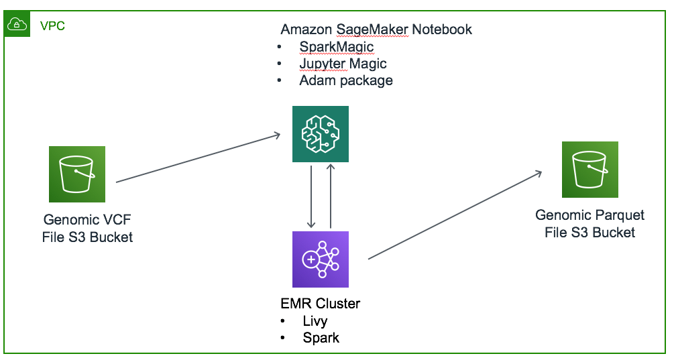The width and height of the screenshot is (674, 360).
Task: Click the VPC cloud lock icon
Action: point(16,25)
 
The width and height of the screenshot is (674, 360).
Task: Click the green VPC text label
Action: point(52,26)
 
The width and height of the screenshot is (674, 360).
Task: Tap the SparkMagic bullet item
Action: point(336,47)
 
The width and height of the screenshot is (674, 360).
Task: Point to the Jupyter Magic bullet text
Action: point(343,64)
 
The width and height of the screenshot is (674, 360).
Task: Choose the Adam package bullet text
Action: point(345,80)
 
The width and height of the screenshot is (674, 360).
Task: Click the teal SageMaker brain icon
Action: point(320,133)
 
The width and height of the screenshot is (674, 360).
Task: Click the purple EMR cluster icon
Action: point(320,259)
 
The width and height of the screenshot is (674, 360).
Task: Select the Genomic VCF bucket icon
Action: point(76,174)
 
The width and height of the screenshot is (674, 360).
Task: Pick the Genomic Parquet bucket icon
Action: point(589,169)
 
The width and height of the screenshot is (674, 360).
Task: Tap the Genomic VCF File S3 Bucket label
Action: point(88,228)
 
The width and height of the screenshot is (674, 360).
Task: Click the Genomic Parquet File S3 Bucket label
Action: point(589,224)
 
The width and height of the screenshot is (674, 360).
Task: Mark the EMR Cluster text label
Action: point(320,304)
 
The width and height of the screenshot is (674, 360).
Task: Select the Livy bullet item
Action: point(315,320)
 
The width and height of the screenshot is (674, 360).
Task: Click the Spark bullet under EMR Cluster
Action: point(321,337)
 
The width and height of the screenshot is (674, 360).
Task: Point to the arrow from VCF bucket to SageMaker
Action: point(198,158)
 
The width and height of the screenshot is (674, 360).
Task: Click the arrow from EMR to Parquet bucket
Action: point(455,215)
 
